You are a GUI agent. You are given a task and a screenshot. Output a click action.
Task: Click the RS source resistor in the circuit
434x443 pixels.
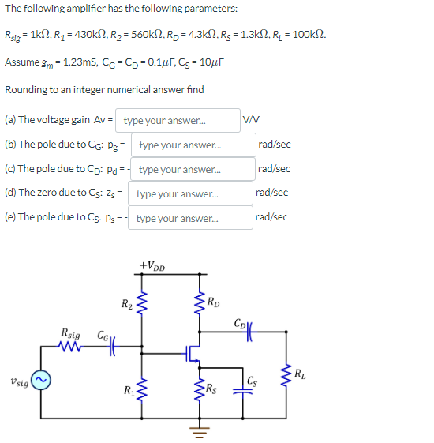198,388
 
